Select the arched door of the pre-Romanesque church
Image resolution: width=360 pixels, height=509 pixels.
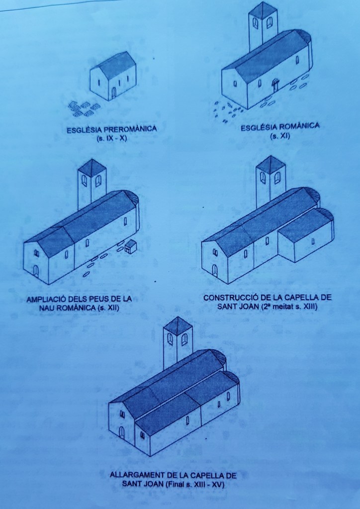point(114,93)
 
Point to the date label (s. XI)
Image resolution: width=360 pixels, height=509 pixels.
point(280,136)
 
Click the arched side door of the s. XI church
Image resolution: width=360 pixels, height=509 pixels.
point(275,85)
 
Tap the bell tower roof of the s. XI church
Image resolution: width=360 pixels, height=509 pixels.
point(264,10)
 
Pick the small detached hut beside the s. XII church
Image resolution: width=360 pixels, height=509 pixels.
point(130,247)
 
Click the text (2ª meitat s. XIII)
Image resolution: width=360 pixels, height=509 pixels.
point(289,306)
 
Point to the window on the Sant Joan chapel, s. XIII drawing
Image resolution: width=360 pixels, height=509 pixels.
point(312,241)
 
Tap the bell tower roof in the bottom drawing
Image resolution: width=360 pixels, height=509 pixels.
point(178,324)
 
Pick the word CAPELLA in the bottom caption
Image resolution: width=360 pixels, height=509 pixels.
point(206,476)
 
